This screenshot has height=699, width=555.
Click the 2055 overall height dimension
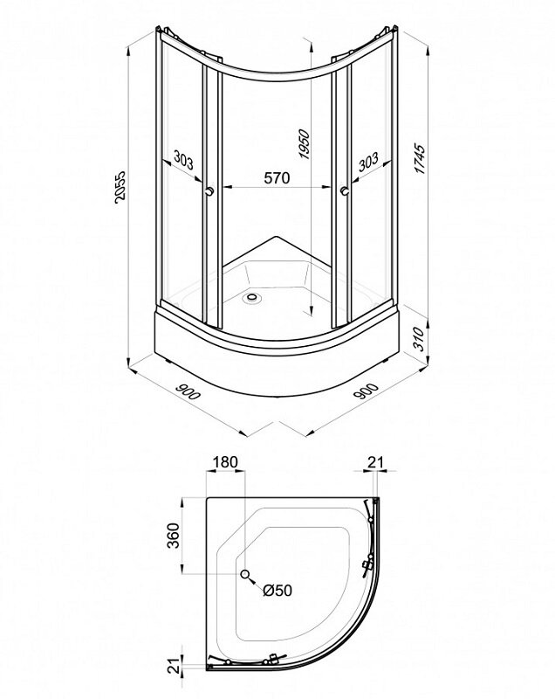tap(120, 187)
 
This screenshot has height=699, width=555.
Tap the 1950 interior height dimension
tap(304, 144)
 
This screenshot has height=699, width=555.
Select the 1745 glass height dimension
tap(419, 159)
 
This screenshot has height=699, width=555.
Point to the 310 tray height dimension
tap(417, 339)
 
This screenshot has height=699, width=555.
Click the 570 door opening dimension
tap(277, 178)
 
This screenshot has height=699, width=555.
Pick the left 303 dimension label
tap(183, 160)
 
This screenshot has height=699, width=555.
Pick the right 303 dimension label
tap(368, 162)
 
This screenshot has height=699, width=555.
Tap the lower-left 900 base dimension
tap(188, 391)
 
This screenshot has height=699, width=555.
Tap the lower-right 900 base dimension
tap(366, 391)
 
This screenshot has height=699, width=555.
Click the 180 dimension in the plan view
tap(225, 462)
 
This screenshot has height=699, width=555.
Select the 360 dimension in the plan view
tap(173, 536)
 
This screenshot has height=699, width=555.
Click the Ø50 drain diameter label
tap(277, 591)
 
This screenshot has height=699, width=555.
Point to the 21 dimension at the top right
tap(375, 462)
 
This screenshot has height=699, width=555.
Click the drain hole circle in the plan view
tap(245, 574)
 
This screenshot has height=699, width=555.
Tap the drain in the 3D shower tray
tap(253, 296)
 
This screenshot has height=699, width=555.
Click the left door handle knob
tap(209, 191)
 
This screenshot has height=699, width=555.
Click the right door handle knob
tap(344, 191)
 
